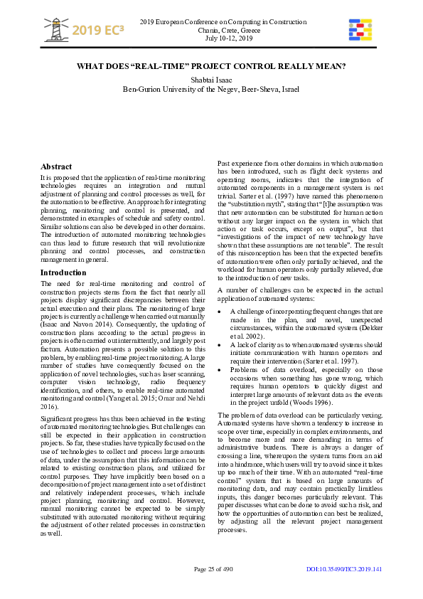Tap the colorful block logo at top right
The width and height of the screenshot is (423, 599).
coord(360,29)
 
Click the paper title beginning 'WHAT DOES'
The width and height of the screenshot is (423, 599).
coord(211,66)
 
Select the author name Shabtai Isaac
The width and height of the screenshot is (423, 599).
coord(211,79)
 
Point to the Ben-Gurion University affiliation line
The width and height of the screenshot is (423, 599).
coord(211,89)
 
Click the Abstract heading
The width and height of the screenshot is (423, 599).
coord(56,166)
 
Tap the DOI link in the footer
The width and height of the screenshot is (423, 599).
coord(344,569)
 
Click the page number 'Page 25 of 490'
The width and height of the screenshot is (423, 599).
coord(213,569)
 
